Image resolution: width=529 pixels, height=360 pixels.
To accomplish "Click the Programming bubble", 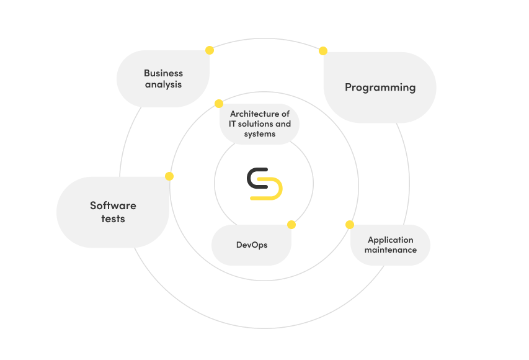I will pyautogui.click(x=380, y=88).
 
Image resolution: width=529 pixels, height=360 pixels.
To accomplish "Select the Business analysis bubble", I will pyautogui.click(x=163, y=79).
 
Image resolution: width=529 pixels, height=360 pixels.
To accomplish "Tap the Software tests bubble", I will pyautogui.click(x=113, y=212).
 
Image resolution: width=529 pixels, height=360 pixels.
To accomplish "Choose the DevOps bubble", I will pyautogui.click(x=252, y=245).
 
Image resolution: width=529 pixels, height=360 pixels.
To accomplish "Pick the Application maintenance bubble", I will pyautogui.click(x=390, y=245).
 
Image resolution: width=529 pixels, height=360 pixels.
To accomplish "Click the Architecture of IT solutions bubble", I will pyautogui.click(x=259, y=124).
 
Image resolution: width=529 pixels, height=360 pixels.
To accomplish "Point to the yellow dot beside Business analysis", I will pyautogui.click(x=210, y=50).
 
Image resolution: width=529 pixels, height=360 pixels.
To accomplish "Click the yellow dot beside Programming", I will pyautogui.click(x=323, y=51).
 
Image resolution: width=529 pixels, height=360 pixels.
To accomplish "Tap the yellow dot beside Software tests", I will pyautogui.click(x=169, y=176).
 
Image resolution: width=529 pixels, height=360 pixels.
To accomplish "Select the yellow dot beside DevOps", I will pyautogui.click(x=291, y=225).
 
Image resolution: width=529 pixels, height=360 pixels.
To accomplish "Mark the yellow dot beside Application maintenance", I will pyautogui.click(x=350, y=224).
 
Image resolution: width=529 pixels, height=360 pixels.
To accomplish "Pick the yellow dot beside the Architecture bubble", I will pyautogui.click(x=219, y=104).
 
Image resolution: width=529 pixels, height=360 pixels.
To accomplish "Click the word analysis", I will pyautogui.click(x=163, y=84).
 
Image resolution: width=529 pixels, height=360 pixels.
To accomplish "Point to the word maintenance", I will pyautogui.click(x=390, y=250).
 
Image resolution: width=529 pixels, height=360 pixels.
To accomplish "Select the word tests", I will pyautogui.click(x=113, y=219).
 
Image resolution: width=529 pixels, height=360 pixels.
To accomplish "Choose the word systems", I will pyautogui.click(x=259, y=134).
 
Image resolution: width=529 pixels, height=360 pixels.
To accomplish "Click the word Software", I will pyautogui.click(x=113, y=205).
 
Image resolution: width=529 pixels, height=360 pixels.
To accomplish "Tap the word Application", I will pyautogui.click(x=390, y=240).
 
